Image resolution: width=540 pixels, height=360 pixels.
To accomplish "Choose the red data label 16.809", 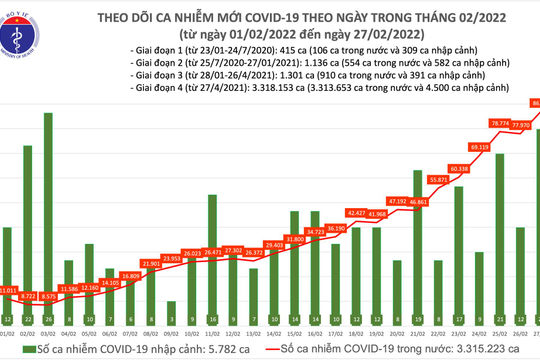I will pos(130,275).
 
